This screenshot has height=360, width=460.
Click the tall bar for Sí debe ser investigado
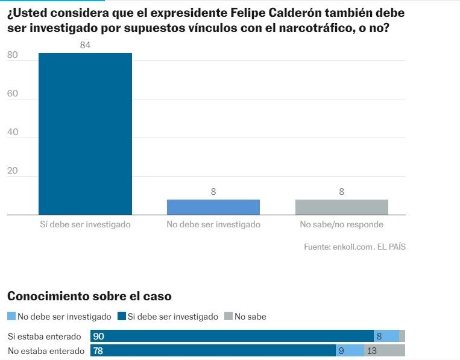85,134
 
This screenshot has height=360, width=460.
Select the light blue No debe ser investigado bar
213,207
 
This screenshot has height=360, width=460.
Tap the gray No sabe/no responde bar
341,207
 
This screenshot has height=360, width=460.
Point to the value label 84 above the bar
85,45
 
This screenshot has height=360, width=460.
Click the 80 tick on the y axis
13,55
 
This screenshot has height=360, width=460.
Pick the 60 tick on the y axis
13,93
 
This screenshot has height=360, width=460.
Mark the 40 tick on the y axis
13,132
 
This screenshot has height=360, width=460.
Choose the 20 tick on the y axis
13,171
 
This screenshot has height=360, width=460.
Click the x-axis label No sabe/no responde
341,224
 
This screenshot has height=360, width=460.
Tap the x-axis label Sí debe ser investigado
85,224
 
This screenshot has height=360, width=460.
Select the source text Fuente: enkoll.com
338,247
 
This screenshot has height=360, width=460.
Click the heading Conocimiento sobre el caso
89,296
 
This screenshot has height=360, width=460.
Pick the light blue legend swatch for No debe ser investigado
11,316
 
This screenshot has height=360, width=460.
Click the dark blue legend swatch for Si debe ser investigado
122,316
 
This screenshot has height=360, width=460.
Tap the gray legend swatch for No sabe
228,316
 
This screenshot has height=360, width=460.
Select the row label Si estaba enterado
44,336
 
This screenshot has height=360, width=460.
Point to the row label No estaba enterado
46,350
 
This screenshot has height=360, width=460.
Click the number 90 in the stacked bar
99,336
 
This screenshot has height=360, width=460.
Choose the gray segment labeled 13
385,350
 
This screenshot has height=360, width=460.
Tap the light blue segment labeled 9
350,350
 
